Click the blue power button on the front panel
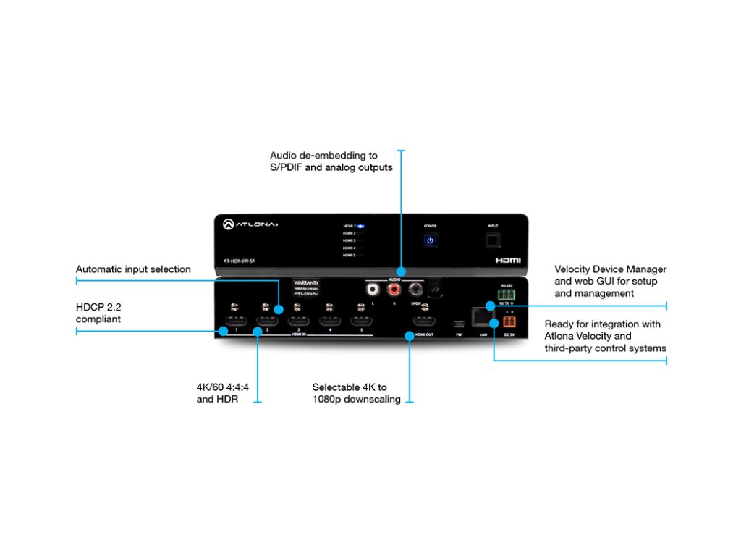coord(430,240)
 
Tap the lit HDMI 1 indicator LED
coord(360,226)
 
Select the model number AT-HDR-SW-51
coord(240,259)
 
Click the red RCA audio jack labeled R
coord(394,290)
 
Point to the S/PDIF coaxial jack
coord(416,290)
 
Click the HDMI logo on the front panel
coord(507,258)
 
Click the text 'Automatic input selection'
coord(133,269)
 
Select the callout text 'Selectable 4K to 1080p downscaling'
coord(356,393)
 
